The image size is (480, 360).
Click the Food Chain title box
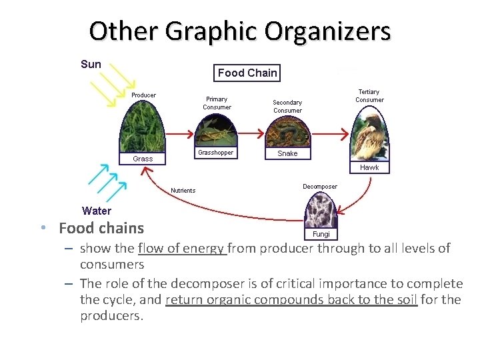click(247, 73)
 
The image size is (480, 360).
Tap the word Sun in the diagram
click(91, 65)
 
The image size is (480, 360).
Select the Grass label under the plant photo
click(143, 159)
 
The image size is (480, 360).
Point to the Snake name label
click(287, 153)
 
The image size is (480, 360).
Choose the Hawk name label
click(369, 167)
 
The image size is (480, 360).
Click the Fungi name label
click(321, 234)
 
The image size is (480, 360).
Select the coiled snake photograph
click(287, 131)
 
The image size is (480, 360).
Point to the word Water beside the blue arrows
click(97, 211)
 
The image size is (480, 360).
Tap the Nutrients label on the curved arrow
click(183, 191)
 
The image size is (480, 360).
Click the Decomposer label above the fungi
click(320, 187)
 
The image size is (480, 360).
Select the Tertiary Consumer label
click(369, 96)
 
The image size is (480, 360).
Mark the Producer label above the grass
click(143, 95)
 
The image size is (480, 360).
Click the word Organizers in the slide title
click(327, 31)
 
